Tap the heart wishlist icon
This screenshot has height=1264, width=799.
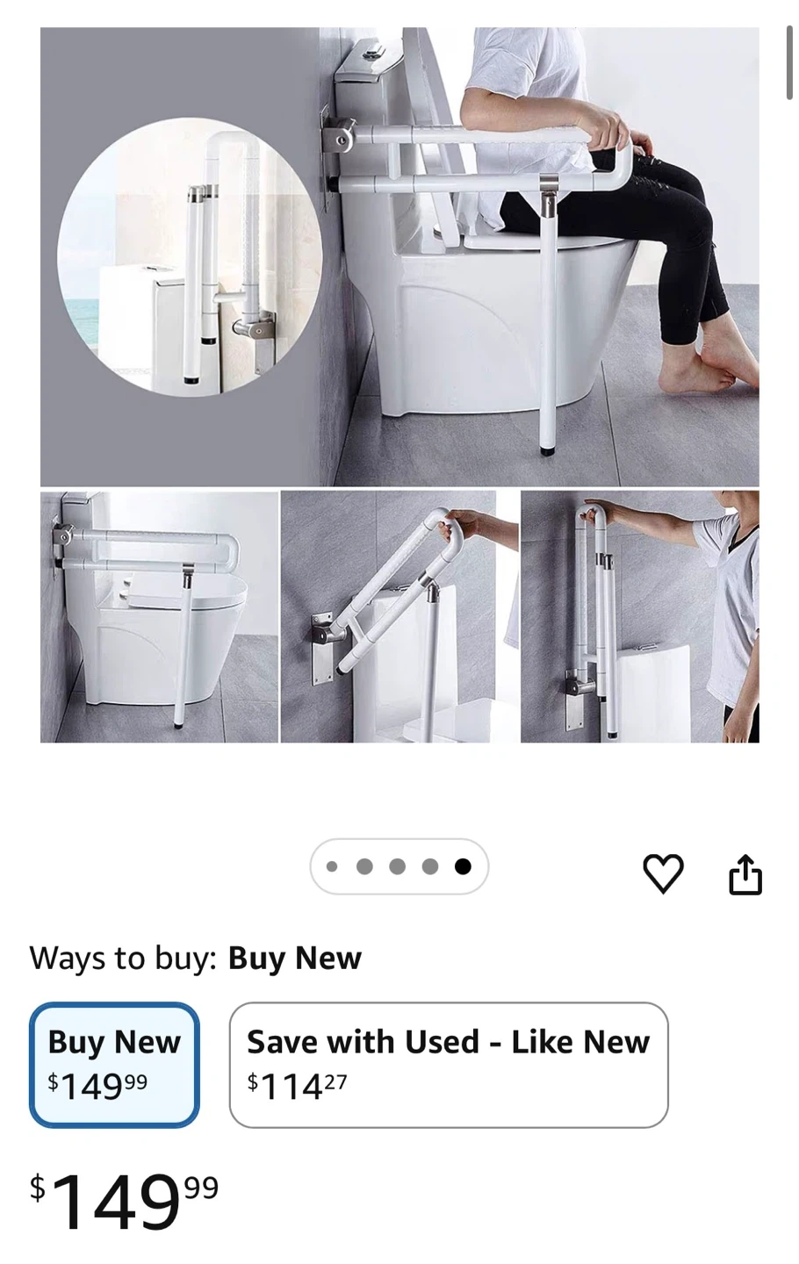point(663,873)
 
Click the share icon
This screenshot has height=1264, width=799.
point(745,873)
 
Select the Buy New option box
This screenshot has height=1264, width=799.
point(114,1065)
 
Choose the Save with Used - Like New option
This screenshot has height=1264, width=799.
point(449,1065)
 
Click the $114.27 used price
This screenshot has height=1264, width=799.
point(297,1087)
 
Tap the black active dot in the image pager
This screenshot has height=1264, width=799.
point(463,866)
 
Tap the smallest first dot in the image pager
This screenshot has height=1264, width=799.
point(332,866)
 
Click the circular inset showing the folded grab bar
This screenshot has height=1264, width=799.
point(190,256)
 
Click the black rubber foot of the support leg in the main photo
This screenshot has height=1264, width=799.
point(548,451)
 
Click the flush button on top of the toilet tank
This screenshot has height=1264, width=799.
point(371,53)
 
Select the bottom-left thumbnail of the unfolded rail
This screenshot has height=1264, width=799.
point(159,617)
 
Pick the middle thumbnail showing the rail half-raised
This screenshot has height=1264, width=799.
point(399,617)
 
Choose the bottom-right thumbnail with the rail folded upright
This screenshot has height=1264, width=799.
point(640,617)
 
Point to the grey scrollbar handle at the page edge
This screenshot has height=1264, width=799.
point(789,62)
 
